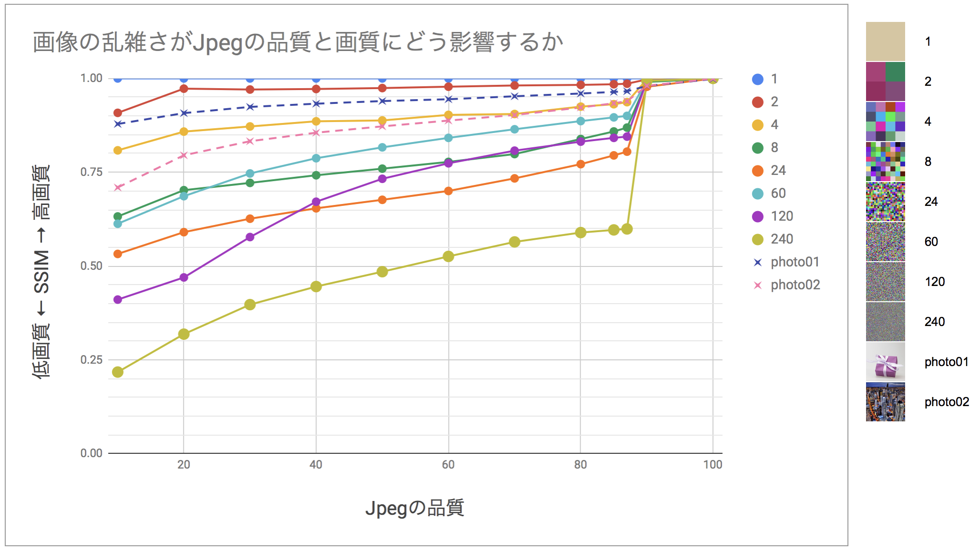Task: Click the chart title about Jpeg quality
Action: (298, 42)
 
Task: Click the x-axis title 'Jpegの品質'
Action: (414, 508)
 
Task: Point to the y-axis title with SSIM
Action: (41, 272)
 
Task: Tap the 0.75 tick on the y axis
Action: (91, 172)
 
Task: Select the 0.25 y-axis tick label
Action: (91, 360)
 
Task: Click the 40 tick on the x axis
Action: (316, 465)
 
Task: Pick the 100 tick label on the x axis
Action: (713, 465)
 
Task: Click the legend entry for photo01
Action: (795, 262)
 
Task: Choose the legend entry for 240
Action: (782, 239)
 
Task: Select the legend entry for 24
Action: (778, 171)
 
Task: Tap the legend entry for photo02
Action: (795, 285)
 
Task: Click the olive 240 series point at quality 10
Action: (118, 372)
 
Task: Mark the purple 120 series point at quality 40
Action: (316, 202)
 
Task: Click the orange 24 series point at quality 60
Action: (448, 191)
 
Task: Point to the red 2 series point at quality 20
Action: (184, 89)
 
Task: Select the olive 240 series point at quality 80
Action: (581, 233)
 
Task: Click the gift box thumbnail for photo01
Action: (885, 362)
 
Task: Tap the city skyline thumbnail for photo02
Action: (885, 402)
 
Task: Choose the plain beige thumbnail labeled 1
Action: (885, 41)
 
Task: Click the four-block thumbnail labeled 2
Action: (885, 82)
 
